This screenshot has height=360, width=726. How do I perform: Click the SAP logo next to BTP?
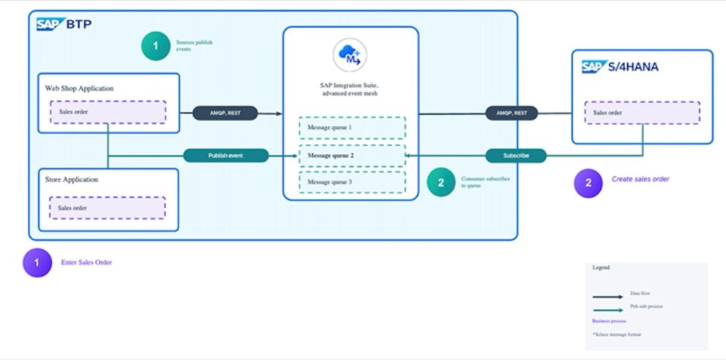coord(51,25)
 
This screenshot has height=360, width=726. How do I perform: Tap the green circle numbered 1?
coord(155,46)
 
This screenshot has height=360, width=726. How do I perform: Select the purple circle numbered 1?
coord(37,263)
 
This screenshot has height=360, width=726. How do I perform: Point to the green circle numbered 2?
coord(441,183)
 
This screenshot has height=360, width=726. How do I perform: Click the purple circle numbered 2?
coord(588,183)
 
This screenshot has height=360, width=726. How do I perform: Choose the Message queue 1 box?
coord(351,128)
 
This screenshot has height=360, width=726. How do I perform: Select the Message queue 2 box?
coord(351,155)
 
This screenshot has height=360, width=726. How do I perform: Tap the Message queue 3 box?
coord(351,181)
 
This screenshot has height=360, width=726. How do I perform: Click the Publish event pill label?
coord(226,156)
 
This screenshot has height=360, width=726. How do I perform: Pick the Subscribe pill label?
coord(516,156)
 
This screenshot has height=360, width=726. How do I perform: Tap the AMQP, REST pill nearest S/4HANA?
coord(512,113)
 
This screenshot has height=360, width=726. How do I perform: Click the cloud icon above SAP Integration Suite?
coord(350,56)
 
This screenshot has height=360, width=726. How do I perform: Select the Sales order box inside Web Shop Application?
coord(108,112)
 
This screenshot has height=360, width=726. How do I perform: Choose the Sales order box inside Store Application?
coord(108,208)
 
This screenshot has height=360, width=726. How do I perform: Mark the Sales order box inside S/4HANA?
coord(642,113)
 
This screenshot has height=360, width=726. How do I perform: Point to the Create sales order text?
coord(640,179)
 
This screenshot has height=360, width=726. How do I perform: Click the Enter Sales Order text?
coord(86,262)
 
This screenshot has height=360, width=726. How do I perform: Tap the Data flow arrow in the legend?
coord(607,297)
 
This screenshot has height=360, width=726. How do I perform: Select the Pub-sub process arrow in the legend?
coord(607,310)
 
